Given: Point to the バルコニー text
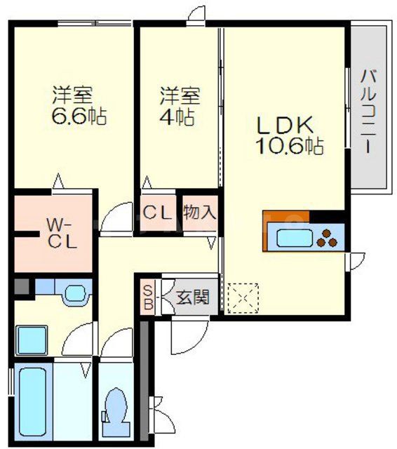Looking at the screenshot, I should [x=368, y=113].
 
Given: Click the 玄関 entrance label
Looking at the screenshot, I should [x=191, y=297].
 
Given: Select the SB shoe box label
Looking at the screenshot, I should [x=148, y=297].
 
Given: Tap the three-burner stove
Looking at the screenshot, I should [x=328, y=239].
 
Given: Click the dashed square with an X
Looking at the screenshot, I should [x=243, y=297].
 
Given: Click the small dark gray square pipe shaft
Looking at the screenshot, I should [x=21, y=286].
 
